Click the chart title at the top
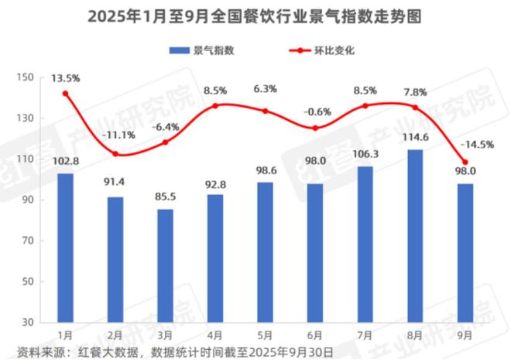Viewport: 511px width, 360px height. point(255,16)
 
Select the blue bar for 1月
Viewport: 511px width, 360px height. point(65,247)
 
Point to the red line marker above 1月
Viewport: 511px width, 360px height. point(65,94)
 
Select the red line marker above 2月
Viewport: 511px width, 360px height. point(115,154)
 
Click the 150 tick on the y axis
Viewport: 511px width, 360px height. point(25,77)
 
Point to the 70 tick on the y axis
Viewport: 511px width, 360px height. point(28,240)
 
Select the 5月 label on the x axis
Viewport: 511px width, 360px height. point(265,334)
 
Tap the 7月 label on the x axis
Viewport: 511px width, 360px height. point(365,334)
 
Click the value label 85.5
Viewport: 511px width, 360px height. point(165,199)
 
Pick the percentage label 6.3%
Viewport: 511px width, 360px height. point(265,89)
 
